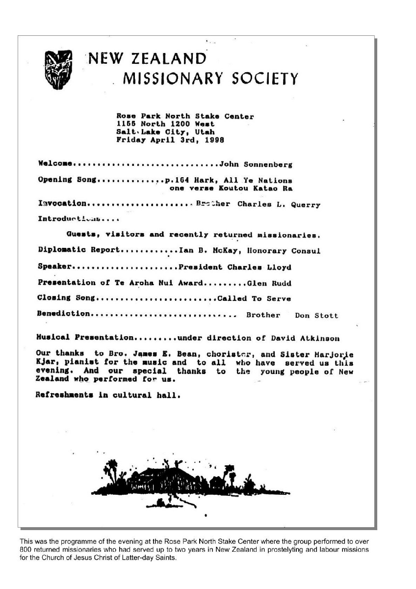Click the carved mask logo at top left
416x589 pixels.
pos(58,69)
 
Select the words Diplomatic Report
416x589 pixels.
pos(78,250)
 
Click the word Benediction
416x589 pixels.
pos(64,314)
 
